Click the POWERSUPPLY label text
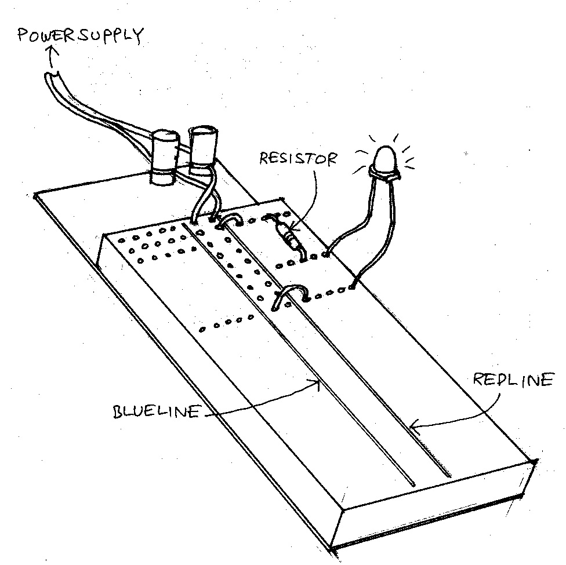80,36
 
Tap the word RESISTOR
297,158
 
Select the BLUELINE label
157,412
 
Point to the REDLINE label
513,381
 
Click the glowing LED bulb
385,158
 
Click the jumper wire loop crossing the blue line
292,293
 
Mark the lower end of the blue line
413,483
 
